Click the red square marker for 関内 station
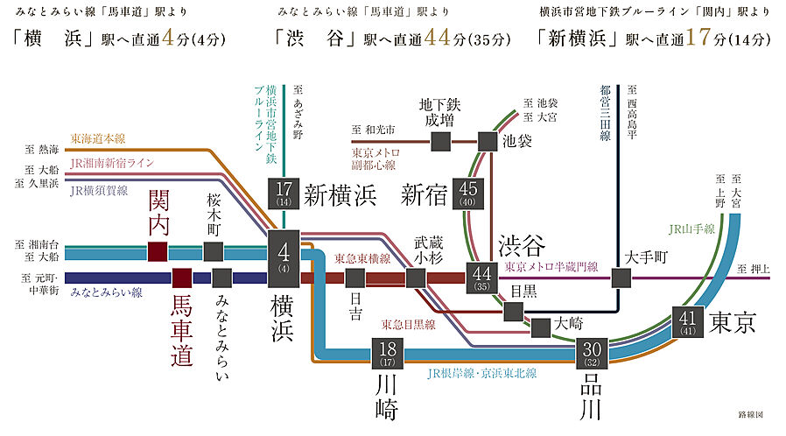[x=158, y=252]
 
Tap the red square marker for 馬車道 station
[x=181, y=278]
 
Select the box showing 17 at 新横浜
[x=284, y=193]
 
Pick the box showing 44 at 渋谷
[x=481, y=278]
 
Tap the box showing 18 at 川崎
[x=388, y=353]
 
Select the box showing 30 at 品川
[x=591, y=353]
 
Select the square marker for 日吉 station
[x=354, y=278]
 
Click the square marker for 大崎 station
[x=541, y=327]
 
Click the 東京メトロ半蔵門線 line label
[x=551, y=266]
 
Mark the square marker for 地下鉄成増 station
[x=440, y=140]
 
